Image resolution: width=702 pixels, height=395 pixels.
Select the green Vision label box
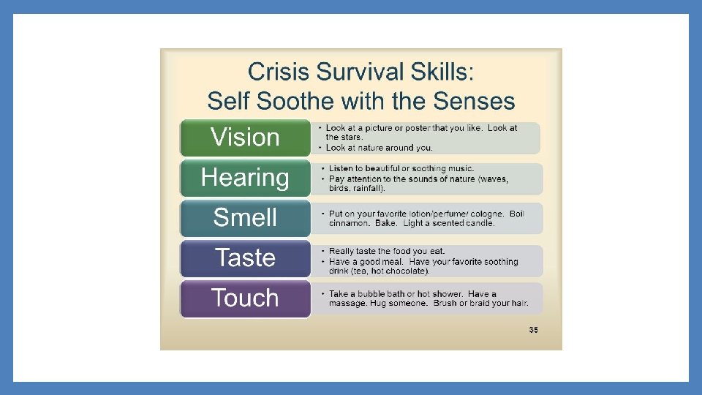(245, 138)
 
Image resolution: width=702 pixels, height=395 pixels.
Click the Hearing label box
(245, 178)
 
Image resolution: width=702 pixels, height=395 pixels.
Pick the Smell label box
(245, 218)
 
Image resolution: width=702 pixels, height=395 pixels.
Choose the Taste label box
(245, 258)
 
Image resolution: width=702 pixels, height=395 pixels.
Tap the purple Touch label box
(245, 298)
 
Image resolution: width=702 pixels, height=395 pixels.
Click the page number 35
(533, 330)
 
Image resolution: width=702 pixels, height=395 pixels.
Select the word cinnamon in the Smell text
(349, 223)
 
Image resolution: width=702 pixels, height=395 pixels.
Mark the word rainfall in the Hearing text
(371, 188)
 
